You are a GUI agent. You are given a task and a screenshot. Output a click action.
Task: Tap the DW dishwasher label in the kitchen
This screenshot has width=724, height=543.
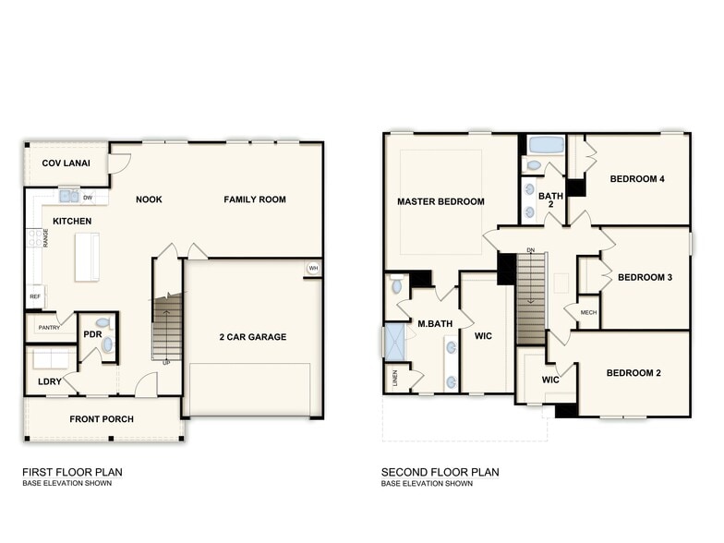click(88, 197)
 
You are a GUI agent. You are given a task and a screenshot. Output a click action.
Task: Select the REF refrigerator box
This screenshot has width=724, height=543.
click(35, 297)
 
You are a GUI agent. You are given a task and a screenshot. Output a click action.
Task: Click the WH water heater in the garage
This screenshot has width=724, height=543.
click(313, 269)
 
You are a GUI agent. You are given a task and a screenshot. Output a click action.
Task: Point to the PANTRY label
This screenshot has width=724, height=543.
click(50, 327)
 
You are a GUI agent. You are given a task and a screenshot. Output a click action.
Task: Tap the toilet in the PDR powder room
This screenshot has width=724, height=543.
click(103, 324)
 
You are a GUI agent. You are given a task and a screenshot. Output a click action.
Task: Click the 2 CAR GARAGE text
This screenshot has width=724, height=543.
click(252, 337)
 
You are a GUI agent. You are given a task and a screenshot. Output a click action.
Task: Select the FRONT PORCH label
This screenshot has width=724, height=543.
click(102, 419)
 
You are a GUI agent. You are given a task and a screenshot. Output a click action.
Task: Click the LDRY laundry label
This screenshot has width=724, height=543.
click(49, 381)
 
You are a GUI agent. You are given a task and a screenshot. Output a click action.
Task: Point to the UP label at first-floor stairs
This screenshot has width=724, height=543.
click(166, 362)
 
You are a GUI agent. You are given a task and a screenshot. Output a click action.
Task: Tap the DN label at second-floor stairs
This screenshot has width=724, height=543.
click(530, 250)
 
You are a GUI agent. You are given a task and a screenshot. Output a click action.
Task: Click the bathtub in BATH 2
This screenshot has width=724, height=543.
click(546, 145)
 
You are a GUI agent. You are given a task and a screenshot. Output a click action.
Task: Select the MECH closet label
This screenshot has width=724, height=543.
click(588, 313)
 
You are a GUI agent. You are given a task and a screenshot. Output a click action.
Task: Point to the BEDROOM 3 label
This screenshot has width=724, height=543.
click(646, 278)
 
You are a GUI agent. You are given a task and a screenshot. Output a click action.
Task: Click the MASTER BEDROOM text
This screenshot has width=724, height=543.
click(440, 201)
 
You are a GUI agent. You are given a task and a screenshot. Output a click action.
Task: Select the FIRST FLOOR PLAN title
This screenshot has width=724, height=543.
click(72, 472)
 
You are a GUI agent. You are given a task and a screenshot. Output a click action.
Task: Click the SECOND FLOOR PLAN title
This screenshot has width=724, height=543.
click(440, 472)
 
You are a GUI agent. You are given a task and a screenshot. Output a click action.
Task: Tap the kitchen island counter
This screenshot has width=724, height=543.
click(87, 256)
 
